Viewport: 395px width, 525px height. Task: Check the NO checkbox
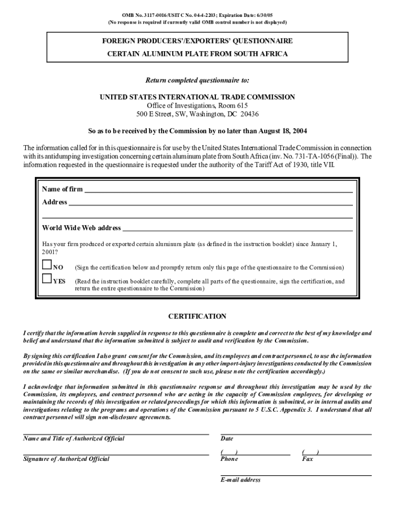click(47, 265)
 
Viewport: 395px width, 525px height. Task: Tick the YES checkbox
click(47, 279)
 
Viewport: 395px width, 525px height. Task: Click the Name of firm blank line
click(218, 190)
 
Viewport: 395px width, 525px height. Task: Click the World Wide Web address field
click(237, 228)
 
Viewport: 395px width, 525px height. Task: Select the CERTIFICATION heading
click(197, 316)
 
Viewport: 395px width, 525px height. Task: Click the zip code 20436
click(248, 114)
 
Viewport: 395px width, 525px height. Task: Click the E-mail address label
click(241, 480)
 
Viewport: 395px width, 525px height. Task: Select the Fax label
click(307, 459)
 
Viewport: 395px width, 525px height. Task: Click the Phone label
click(229, 459)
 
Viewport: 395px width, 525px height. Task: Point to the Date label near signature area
click(227, 439)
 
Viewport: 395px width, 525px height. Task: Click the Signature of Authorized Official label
click(66, 459)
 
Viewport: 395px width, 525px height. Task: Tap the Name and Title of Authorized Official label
click(74, 439)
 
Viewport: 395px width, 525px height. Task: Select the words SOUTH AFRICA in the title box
click(260, 54)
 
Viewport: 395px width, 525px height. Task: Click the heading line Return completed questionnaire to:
click(197, 80)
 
